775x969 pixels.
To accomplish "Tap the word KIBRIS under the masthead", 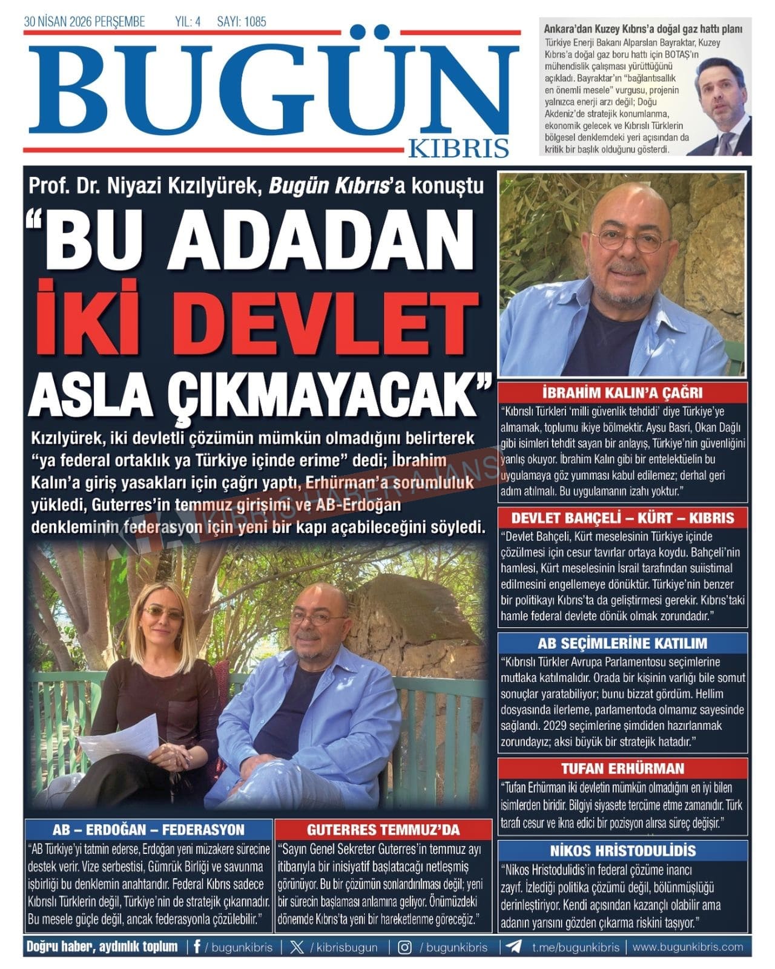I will click(458, 148).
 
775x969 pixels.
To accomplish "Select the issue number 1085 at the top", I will click(255, 22).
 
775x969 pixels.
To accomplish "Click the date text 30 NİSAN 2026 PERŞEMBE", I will click(84, 22).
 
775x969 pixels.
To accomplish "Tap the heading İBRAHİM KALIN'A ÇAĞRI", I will click(622, 392).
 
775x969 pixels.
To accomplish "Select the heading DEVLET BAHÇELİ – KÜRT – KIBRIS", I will click(622, 517).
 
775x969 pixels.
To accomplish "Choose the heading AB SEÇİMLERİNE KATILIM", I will click(622, 643).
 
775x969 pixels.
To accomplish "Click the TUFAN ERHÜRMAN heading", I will click(622, 769).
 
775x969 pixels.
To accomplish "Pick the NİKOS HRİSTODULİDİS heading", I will click(622, 850).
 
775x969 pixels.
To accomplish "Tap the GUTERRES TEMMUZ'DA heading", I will click(383, 829).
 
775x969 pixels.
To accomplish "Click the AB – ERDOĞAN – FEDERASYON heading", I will click(148, 829).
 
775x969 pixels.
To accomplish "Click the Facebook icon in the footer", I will click(197, 947).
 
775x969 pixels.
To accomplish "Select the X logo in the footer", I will click(297, 947).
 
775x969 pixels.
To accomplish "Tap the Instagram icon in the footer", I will click(404, 947).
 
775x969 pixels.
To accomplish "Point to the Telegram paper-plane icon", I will click(514, 947).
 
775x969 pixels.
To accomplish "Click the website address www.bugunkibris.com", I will click(687, 947).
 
